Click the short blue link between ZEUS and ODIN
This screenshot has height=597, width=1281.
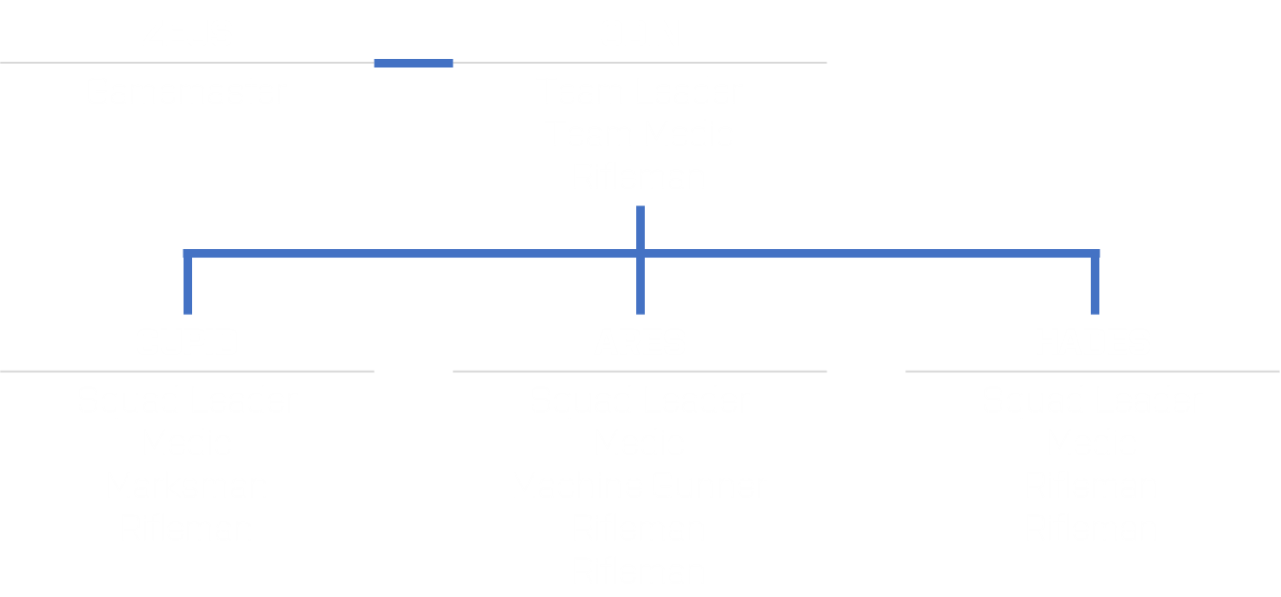point(414,64)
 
